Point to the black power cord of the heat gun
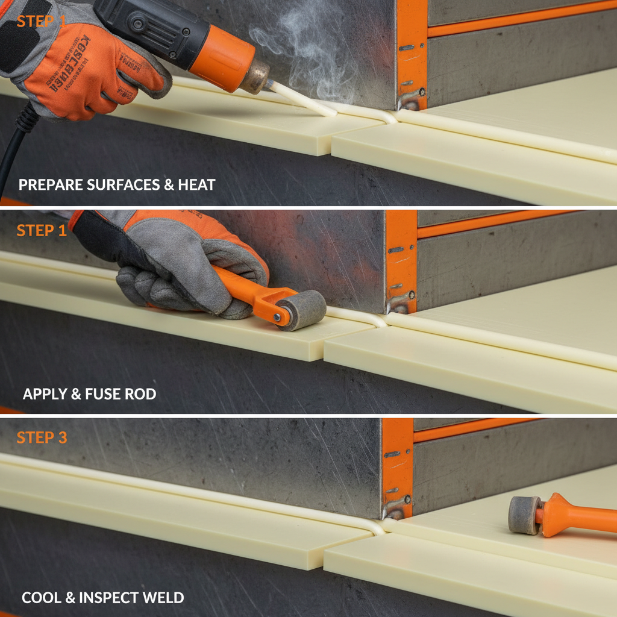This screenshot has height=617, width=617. coord(15,145)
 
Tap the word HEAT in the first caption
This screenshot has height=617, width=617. coord(196,184)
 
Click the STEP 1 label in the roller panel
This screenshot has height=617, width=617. coord(42,230)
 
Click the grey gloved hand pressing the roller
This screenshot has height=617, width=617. coord(181,265)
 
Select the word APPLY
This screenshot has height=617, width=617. coord(45,394)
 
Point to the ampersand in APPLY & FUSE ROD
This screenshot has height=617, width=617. coord(75,394)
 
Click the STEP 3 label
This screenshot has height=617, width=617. coord(42,437)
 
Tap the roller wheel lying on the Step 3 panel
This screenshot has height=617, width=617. coord(524,515)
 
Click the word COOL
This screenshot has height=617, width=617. coord(42,598)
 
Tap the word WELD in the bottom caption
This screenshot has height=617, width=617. coord(166,598)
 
